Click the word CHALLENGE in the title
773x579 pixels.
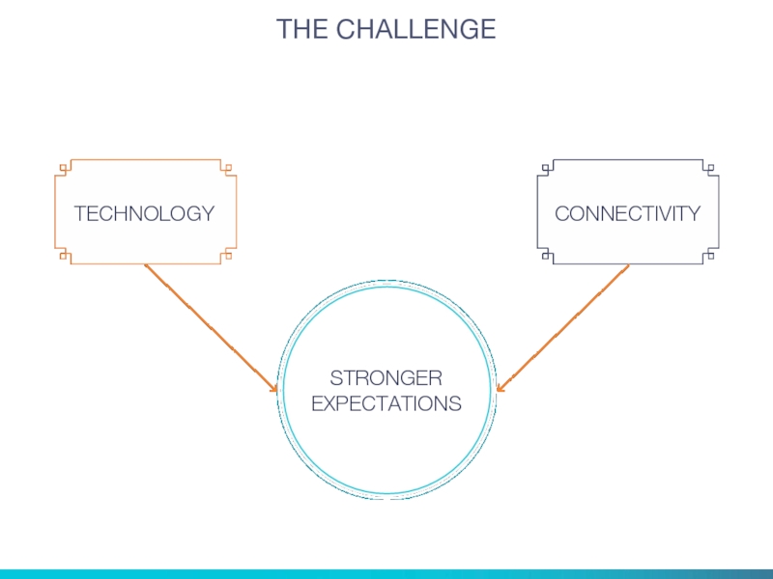(415, 30)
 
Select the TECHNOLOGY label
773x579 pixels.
(145, 213)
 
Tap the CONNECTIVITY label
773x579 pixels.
(628, 213)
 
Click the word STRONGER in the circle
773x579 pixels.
(386, 377)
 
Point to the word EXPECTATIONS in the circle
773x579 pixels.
(386, 403)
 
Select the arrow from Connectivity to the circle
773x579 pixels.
(564, 327)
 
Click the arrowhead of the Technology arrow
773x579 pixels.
(273, 388)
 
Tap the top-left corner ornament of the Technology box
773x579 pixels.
(64, 168)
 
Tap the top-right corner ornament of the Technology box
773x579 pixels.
(228, 168)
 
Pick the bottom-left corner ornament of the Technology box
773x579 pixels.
(64, 256)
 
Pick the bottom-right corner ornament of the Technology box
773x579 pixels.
(228, 256)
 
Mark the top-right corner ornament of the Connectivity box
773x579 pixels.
(711, 168)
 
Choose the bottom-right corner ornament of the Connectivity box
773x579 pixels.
(711, 256)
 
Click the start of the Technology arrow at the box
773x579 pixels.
(146, 266)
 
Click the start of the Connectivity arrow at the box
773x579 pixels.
(628, 266)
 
